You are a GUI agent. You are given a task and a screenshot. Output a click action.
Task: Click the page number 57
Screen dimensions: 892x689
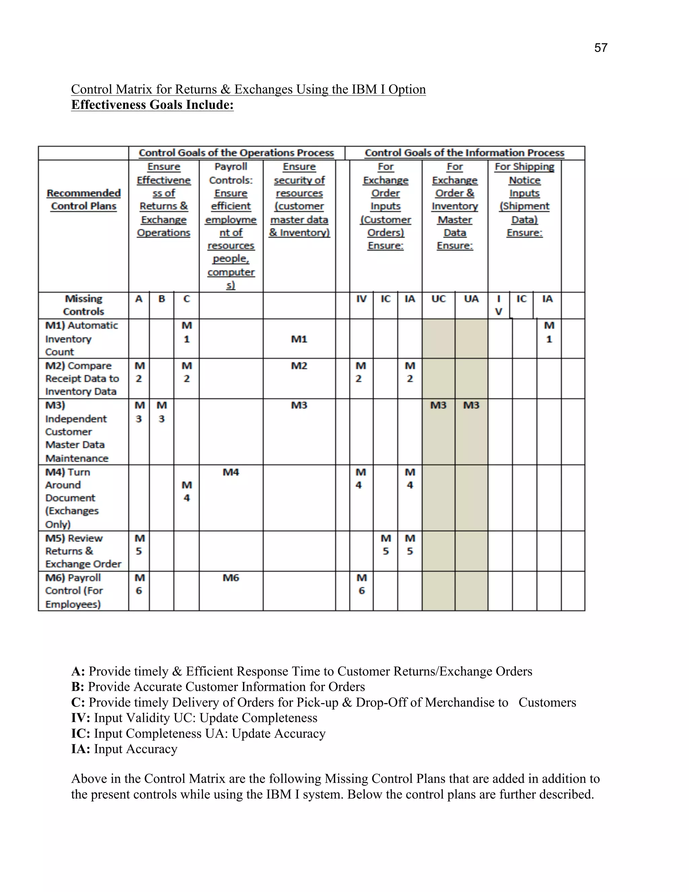(601, 48)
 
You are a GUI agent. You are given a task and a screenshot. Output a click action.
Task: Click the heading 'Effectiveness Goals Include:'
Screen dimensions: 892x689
(152, 105)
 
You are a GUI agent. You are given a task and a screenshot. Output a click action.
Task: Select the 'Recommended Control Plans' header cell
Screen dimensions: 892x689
(84, 200)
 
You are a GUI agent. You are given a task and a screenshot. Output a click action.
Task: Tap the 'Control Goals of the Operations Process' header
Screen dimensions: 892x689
(236, 153)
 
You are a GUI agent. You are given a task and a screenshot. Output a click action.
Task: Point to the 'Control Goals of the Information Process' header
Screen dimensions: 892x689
(464, 153)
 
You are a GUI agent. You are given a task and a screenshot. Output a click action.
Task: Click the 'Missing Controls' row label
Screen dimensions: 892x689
(84, 305)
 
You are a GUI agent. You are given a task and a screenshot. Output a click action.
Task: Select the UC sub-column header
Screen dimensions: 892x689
(438, 299)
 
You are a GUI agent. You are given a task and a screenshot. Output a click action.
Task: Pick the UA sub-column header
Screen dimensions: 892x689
(471, 299)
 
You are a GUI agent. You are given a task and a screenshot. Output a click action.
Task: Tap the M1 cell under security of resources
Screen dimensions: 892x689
(299, 339)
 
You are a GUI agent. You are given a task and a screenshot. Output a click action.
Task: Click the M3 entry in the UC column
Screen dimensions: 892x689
(438, 406)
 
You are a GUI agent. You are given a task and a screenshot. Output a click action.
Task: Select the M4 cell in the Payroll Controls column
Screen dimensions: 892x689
(230, 472)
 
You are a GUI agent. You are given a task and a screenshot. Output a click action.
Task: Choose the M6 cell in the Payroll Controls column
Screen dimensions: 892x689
(230, 578)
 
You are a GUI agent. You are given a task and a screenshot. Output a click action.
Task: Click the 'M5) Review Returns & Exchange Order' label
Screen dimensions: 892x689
(83, 551)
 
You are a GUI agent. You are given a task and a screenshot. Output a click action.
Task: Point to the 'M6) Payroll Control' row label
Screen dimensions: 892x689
(73, 591)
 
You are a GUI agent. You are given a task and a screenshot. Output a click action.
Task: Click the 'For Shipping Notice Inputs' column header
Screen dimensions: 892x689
(524, 200)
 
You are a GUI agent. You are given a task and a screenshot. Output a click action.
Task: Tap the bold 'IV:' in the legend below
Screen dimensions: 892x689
(80, 718)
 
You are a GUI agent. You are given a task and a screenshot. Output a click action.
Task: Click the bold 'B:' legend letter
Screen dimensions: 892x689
(78, 687)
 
